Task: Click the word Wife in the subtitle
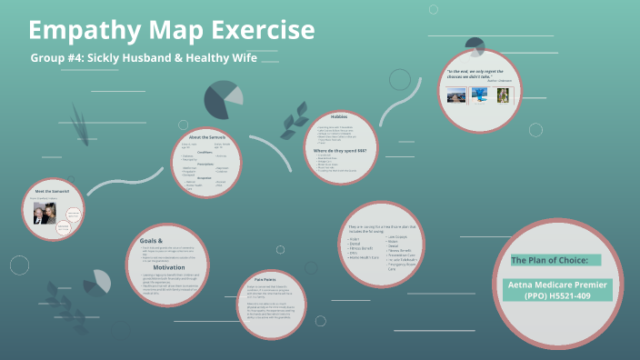[241, 58]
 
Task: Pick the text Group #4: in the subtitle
[57, 58]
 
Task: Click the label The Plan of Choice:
[543, 260]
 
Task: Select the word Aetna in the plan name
[525, 285]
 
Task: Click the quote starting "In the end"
[481, 73]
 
